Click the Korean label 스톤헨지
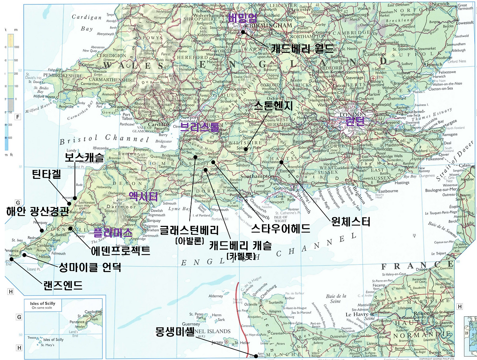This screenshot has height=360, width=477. (273, 106)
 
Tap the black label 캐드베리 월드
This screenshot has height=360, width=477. (302, 48)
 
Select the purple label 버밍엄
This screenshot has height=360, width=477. (242, 18)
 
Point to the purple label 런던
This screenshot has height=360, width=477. (355, 120)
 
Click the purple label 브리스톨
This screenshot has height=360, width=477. (200, 127)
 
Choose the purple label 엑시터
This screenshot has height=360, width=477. (143, 196)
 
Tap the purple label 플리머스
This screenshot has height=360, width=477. (113, 233)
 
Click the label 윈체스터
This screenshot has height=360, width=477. (351, 222)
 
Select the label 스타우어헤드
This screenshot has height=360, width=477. (281, 228)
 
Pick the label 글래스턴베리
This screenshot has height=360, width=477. (189, 230)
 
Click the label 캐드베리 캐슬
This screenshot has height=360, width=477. (240, 245)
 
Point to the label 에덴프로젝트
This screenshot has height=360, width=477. (121, 250)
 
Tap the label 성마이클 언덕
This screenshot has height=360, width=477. (90, 267)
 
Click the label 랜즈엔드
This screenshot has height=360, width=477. (63, 285)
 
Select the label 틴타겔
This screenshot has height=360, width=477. (46, 174)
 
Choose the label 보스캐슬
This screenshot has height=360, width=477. (84, 157)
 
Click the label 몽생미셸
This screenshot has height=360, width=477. (175, 331)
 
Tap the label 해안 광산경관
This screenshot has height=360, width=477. (37, 212)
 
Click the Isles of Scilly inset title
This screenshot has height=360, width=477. (42, 304)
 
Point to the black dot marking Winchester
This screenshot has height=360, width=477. (282, 162)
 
